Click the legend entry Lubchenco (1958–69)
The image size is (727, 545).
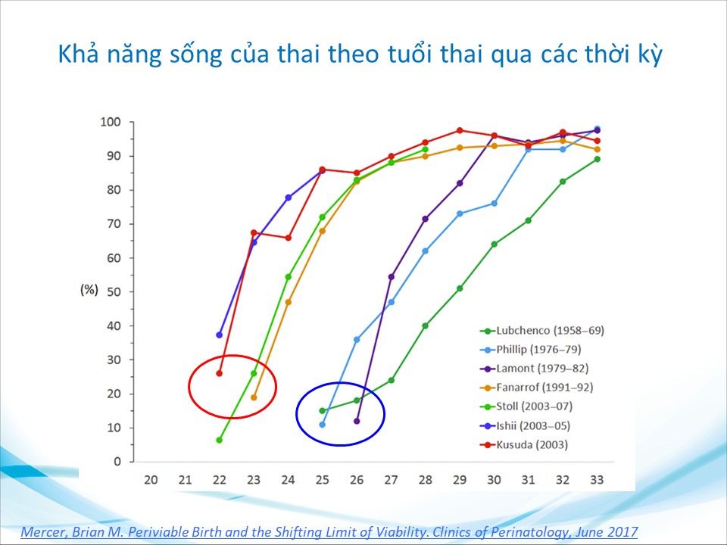(x=542, y=331)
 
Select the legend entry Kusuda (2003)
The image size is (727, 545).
(x=524, y=445)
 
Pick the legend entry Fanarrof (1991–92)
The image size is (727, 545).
(x=536, y=388)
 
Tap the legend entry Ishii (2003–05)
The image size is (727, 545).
(x=526, y=426)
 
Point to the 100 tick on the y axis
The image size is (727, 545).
(x=111, y=123)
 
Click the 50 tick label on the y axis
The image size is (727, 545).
(x=114, y=292)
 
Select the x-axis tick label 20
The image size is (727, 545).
(x=151, y=480)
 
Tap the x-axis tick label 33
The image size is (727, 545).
(x=597, y=480)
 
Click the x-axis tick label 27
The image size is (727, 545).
(x=391, y=480)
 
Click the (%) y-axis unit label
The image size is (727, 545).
(x=89, y=290)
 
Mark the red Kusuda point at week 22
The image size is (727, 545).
(x=220, y=373)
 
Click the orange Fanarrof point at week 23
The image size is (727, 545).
(x=254, y=397)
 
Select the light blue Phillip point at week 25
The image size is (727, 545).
(x=323, y=425)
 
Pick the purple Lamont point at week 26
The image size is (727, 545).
(x=357, y=422)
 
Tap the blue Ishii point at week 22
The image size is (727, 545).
(x=220, y=335)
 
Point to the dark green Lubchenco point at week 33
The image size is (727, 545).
(x=598, y=159)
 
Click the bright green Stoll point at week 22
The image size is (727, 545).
(x=220, y=441)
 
